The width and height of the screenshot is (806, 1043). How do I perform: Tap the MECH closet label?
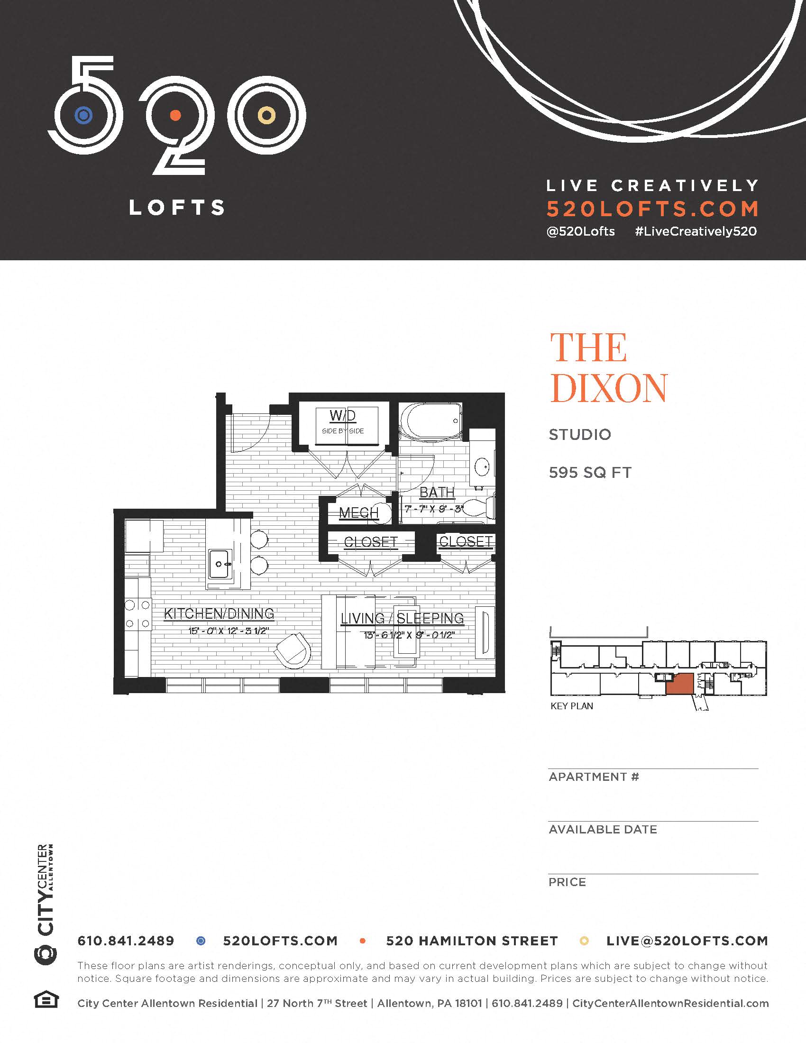(358, 513)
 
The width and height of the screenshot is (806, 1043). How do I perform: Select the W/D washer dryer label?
(342, 415)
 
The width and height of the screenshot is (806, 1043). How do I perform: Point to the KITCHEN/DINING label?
(219, 613)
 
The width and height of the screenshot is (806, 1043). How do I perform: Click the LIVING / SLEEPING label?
(402, 618)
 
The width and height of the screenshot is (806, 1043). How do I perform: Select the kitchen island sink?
(220, 564)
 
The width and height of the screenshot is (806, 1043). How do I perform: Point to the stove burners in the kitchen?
(137, 614)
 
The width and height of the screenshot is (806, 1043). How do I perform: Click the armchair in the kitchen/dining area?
(293, 650)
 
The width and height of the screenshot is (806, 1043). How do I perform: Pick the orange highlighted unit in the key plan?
(679, 684)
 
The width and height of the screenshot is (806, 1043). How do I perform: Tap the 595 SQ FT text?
(590, 473)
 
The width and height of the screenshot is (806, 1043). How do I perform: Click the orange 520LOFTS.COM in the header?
(653, 209)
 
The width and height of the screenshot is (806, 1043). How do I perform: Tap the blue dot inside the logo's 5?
(83, 115)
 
